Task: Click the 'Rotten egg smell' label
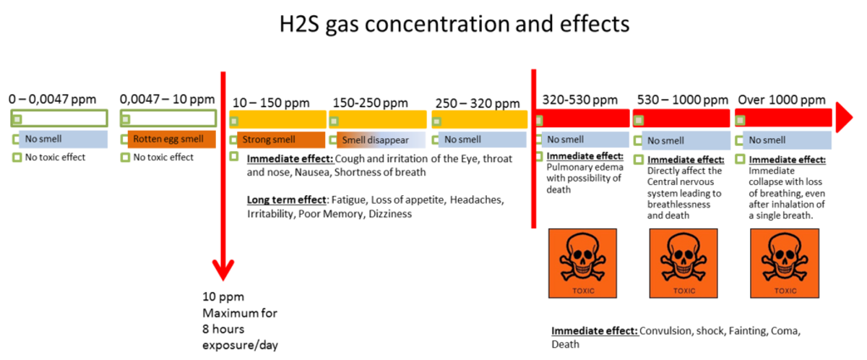(168, 139)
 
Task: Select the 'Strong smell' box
(269, 140)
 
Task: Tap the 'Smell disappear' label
(375, 140)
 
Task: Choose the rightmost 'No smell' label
(767, 140)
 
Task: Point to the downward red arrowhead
(223, 270)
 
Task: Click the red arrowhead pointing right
(844, 116)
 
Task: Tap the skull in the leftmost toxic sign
(582, 257)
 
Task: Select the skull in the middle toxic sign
(683, 257)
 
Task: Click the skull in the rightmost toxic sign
(784, 257)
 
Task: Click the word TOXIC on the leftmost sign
(583, 291)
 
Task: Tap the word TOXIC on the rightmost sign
(785, 291)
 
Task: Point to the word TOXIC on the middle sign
(683, 291)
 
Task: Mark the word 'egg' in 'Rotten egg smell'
(171, 140)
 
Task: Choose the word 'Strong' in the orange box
(256, 140)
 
